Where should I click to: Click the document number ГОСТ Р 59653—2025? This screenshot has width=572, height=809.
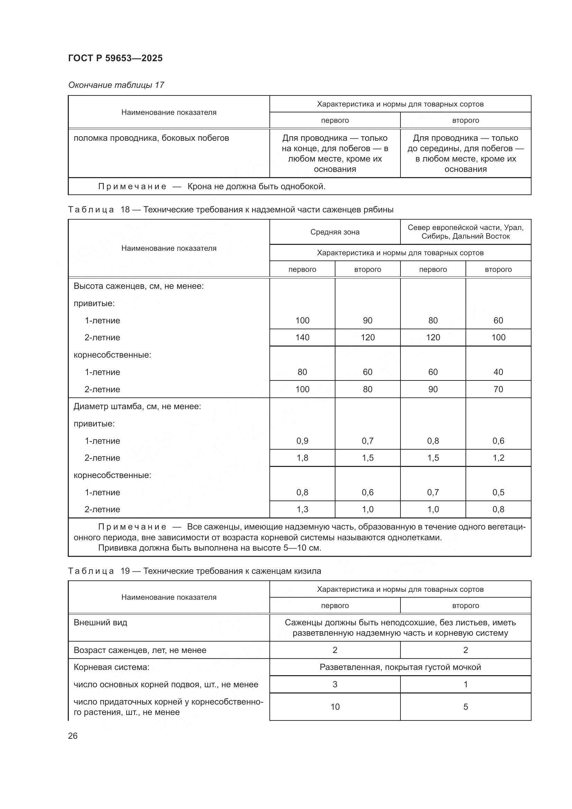[x=115, y=58]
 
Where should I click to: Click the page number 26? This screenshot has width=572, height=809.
[x=73, y=736]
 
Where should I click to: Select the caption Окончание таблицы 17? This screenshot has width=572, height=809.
[x=116, y=85]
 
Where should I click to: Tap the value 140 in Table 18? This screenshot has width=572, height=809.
[x=302, y=338]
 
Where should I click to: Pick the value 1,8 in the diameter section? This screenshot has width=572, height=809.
[x=302, y=458]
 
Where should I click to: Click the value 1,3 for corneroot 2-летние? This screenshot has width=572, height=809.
[x=302, y=509]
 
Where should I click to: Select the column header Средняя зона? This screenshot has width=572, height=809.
[x=335, y=232]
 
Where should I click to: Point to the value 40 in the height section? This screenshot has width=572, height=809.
[x=498, y=372]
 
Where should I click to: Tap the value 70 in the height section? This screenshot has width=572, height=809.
[x=498, y=389]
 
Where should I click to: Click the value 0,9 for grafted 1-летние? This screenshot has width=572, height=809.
[x=302, y=441]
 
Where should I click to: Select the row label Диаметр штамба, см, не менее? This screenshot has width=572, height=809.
[x=137, y=406]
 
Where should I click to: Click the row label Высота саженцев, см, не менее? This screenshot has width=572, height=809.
[x=138, y=286]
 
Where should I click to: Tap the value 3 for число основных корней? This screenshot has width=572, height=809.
[x=335, y=684]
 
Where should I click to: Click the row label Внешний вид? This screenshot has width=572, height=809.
[x=100, y=623]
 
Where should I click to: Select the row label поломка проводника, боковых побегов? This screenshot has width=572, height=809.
[x=151, y=138]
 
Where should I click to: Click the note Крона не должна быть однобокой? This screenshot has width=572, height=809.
[x=256, y=186]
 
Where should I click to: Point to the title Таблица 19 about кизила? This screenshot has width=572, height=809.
[x=194, y=571]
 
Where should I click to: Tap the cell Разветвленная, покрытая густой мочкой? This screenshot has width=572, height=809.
[x=400, y=667]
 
